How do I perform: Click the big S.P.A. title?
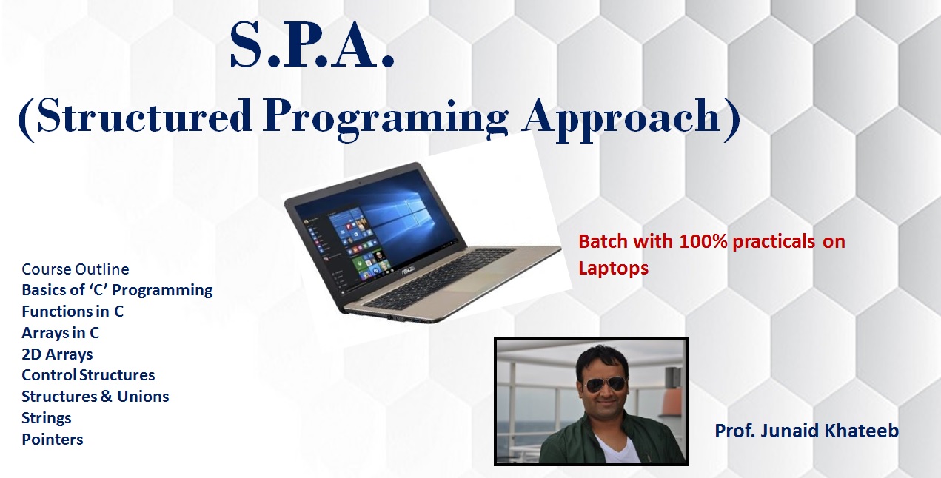[x=312, y=45]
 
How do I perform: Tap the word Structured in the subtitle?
[x=144, y=115]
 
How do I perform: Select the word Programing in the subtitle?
[x=385, y=119]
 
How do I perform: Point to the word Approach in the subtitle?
[x=622, y=119]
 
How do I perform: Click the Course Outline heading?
[x=76, y=269]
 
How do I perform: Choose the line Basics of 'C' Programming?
[x=117, y=290]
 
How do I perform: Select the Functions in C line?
[x=73, y=312]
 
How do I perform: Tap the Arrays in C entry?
[x=61, y=333]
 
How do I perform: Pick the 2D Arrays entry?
[x=57, y=354]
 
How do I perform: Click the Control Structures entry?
[x=88, y=375]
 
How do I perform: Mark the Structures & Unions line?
[x=96, y=397]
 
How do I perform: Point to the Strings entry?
[x=46, y=418]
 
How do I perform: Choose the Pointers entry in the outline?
[x=53, y=440]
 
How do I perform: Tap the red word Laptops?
[x=613, y=269]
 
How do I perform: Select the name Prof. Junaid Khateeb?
[x=806, y=431]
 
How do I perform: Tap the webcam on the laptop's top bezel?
[x=360, y=184]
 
